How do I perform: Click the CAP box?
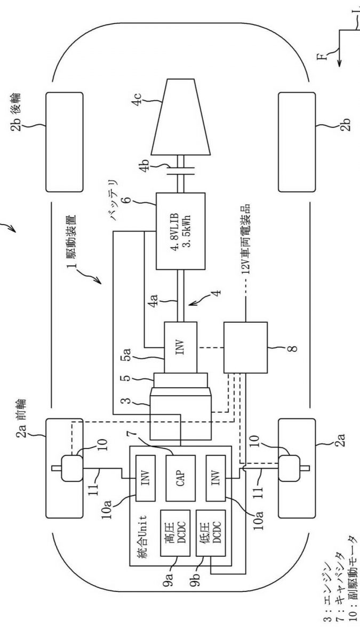(x=181, y=478)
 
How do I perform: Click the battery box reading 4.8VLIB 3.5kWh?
(x=181, y=231)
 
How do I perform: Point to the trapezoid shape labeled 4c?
(x=181, y=117)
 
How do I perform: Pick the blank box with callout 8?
(x=245, y=347)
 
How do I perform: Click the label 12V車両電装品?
(x=246, y=239)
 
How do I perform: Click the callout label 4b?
(x=145, y=166)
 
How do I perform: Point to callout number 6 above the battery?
(x=127, y=198)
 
